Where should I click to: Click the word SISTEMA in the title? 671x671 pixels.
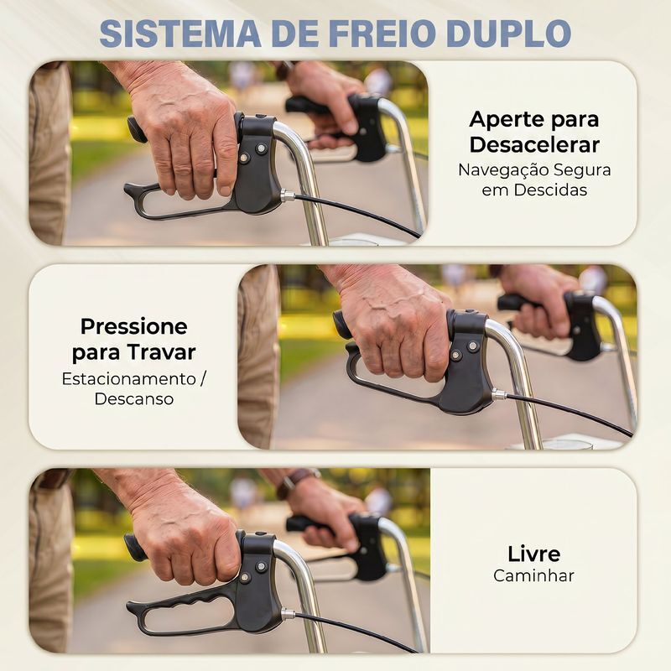tap(180, 34)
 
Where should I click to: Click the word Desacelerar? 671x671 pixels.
tap(534, 144)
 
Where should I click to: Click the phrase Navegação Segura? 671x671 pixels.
tap(534, 170)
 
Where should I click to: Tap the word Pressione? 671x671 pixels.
tap(133, 326)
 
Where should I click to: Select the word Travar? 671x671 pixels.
tap(161, 352)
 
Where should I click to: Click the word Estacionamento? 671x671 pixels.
tap(128, 379)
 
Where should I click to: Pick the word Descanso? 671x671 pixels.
tap(133, 399)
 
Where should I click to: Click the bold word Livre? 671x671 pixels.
tap(533, 554)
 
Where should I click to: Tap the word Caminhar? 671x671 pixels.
tap(533, 575)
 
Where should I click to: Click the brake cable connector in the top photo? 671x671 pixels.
tap(287, 196)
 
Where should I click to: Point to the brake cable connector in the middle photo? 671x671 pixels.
tap(498, 394)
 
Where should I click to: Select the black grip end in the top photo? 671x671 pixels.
tap(135, 128)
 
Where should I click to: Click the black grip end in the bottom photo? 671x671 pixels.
tap(133, 547)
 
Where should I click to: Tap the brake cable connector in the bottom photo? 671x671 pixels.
tap(288, 615)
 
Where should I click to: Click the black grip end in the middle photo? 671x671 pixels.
tap(342, 325)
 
